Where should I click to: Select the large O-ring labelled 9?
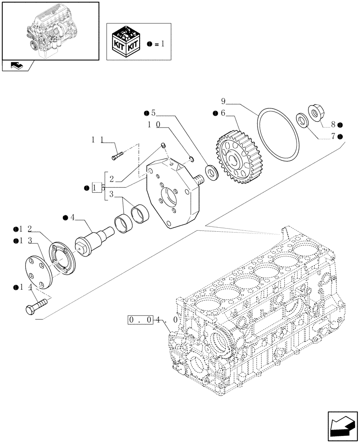[279, 128]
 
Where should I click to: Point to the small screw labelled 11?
[117, 155]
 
